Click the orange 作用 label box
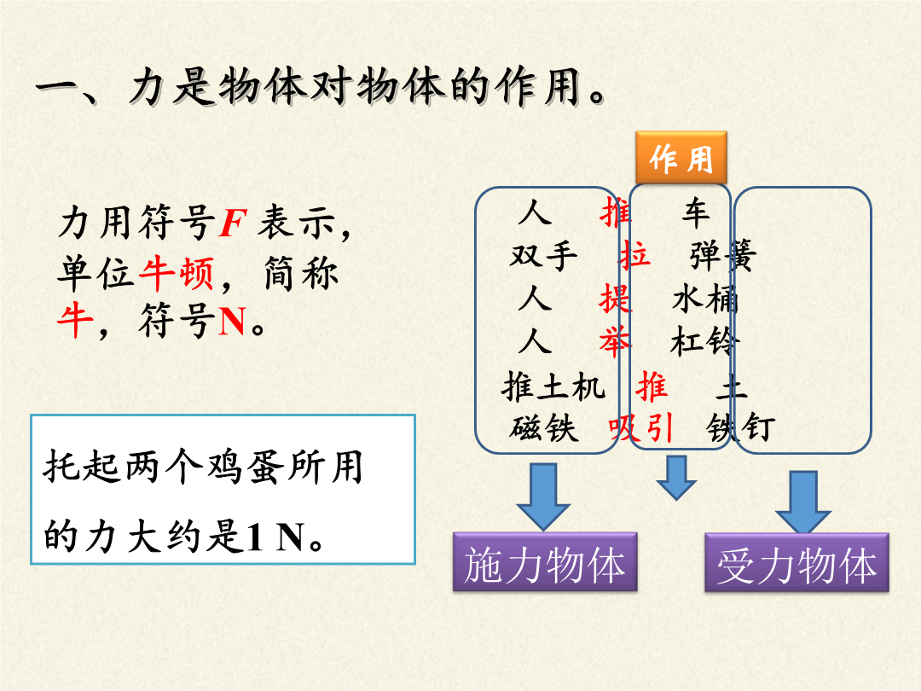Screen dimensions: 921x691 tap(681, 158)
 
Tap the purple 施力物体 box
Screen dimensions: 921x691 tap(545, 562)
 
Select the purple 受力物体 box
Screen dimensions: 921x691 tap(797, 563)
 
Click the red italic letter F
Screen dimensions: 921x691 tap(233, 223)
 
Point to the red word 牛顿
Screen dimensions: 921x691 tap(177, 273)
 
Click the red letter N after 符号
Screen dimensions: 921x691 tap(232, 321)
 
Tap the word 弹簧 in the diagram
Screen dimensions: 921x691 tap(723, 256)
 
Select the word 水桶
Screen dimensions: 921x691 tap(705, 299)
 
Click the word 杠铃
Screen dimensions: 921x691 tap(704, 341)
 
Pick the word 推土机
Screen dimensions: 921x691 tap(553, 386)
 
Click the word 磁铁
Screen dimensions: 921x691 tap(544, 427)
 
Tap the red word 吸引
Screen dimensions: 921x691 tap(640, 427)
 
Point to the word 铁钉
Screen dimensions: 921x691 tap(741, 427)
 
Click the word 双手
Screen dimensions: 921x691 tap(544, 256)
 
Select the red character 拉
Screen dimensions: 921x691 tap(634, 256)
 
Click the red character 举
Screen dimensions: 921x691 tap(615, 341)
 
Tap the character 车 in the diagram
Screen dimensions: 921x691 tap(696, 212)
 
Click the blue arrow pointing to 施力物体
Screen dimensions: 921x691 tap(543, 496)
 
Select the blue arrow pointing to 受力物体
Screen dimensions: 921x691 tap(803, 502)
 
